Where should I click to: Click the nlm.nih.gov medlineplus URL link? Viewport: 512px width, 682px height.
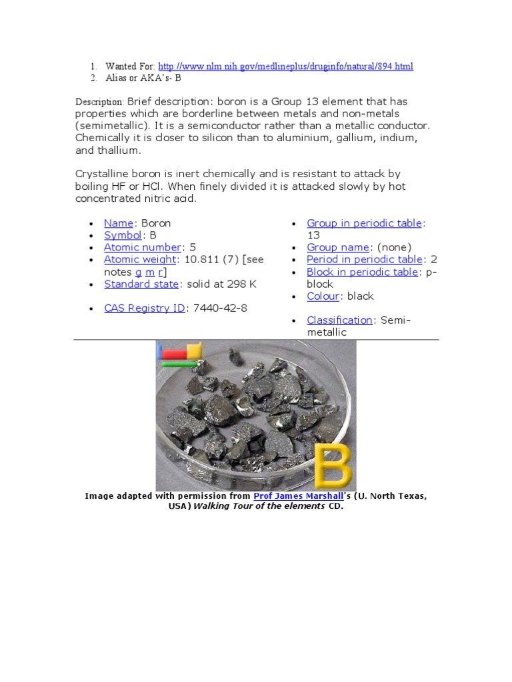[x=285, y=67]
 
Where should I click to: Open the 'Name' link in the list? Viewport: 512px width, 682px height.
[x=119, y=223]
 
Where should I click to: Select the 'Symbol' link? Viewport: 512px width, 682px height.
[x=123, y=235]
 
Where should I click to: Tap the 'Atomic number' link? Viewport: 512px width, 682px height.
[x=142, y=247]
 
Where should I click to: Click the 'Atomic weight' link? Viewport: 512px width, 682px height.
[x=140, y=259]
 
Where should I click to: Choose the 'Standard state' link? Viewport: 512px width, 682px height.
[x=141, y=284]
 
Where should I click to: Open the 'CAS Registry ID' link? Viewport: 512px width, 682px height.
[x=145, y=308]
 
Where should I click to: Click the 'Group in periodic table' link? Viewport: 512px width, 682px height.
[x=365, y=223]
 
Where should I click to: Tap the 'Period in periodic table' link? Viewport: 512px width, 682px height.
[x=364, y=259]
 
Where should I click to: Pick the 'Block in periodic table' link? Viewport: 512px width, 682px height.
[x=362, y=272]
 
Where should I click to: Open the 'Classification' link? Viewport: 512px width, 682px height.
[x=339, y=320]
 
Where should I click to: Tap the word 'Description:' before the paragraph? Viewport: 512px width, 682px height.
[x=99, y=102]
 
